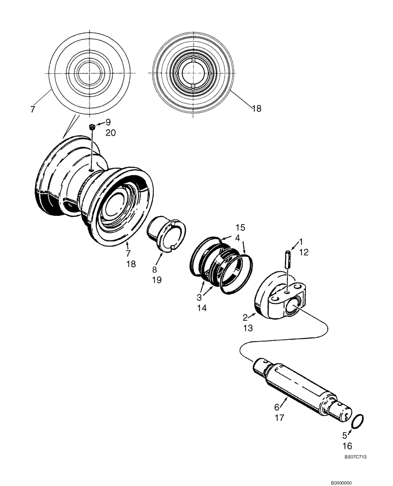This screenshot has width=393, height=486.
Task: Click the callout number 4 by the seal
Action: [x=237, y=238]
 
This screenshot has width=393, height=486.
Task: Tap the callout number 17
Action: [x=280, y=416]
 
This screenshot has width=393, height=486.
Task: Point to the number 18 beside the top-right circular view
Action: [x=256, y=108]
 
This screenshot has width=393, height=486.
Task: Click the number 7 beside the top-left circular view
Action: [x=32, y=110]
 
